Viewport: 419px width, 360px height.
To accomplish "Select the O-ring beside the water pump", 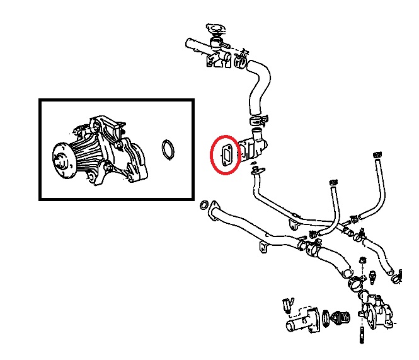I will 168,151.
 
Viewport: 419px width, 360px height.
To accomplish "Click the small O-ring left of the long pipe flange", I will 203,206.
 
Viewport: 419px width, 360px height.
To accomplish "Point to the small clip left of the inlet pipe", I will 288,305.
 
